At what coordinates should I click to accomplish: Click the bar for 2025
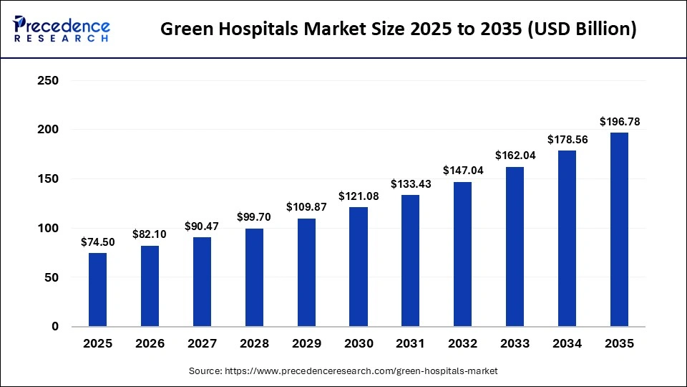point(98,290)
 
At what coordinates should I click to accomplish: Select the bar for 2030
point(359,267)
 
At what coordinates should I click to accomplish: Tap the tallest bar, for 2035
point(619,229)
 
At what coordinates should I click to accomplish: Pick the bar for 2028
point(254,277)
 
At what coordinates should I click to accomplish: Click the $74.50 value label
point(98,242)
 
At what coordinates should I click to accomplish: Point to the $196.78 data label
point(619,121)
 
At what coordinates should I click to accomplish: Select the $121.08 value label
point(359,196)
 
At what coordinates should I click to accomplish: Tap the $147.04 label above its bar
point(462,171)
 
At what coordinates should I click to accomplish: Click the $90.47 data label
point(202,226)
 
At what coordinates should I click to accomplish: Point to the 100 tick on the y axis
point(47,228)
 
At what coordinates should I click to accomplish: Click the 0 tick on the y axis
point(54,327)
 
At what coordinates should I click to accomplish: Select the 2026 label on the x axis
point(150,344)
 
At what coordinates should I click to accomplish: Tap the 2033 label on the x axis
point(515,344)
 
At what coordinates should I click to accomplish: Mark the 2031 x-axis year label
point(411,344)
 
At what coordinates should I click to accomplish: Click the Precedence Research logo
point(62,29)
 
